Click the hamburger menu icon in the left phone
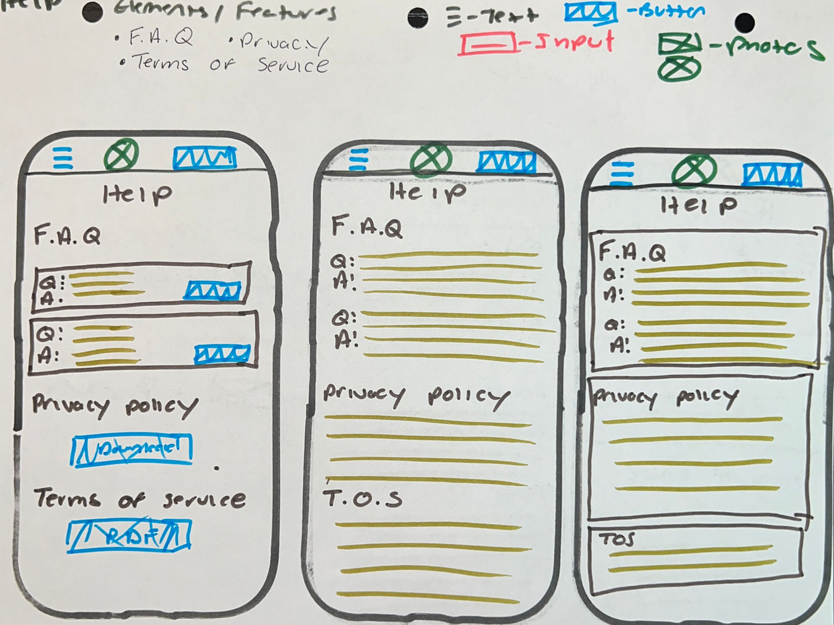(63, 158)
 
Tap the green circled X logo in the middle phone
(430, 158)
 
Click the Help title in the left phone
(136, 194)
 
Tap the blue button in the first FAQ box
(212, 290)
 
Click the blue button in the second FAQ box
(222, 354)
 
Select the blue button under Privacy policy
(132, 450)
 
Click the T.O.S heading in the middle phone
(362, 499)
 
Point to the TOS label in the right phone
(617, 539)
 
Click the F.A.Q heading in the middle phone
(367, 228)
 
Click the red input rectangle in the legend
(487, 44)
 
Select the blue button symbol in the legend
(591, 13)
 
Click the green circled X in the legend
(679, 70)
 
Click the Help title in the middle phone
(427, 191)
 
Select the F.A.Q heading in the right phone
(632, 252)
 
